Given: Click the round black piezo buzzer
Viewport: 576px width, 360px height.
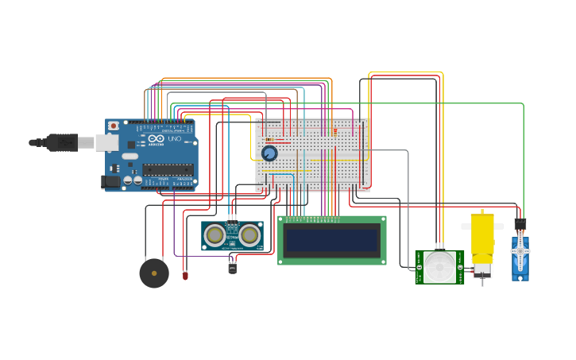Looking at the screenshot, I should pyautogui.click(x=154, y=273).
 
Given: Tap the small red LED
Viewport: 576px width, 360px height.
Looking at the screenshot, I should pyautogui.click(x=185, y=276).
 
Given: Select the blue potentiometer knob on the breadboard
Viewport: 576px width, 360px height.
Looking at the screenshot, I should pyautogui.click(x=269, y=153).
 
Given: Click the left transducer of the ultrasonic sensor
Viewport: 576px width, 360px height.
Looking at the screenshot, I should pyautogui.click(x=214, y=235).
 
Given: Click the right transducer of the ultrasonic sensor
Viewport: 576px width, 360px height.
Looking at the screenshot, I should pyautogui.click(x=250, y=235).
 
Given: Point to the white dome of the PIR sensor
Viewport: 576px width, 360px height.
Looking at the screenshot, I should pyautogui.click(x=439, y=267).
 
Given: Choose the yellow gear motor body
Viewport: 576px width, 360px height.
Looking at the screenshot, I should pyautogui.click(x=482, y=237).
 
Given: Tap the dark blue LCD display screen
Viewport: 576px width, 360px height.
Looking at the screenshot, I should pyautogui.click(x=332, y=240).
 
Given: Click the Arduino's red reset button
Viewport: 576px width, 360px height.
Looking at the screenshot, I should pyautogui.click(x=114, y=126).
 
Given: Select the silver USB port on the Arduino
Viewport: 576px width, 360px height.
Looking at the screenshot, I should pyautogui.click(x=106, y=142).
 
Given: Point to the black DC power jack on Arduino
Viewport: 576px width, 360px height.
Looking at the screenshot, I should pyautogui.click(x=111, y=181).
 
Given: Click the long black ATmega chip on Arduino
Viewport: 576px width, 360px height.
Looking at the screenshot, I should pyautogui.click(x=168, y=169).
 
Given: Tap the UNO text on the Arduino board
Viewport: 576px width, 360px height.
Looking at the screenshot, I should pyautogui.click(x=174, y=139).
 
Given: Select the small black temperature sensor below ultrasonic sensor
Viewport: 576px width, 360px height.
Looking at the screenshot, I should pyautogui.click(x=232, y=268).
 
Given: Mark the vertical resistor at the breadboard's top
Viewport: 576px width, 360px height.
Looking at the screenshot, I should pyautogui.click(x=334, y=132).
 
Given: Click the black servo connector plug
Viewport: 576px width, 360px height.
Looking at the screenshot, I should pyautogui.click(x=520, y=224).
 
